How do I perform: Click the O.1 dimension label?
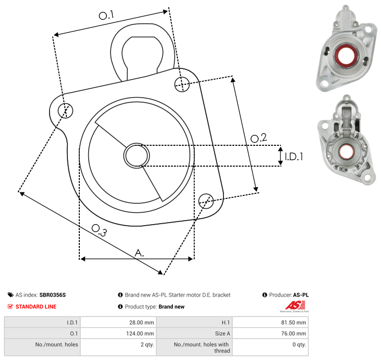click(x=106, y=15)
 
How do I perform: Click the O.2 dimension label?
click(x=259, y=138)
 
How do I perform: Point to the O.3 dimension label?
click(x=99, y=230)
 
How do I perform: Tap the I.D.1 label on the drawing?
click(x=294, y=157)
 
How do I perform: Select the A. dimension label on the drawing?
click(x=139, y=253)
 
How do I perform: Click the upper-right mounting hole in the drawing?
click(x=182, y=84)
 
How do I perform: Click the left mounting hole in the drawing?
click(x=65, y=111)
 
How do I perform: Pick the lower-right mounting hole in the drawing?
click(x=206, y=201)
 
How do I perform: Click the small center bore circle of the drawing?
click(x=137, y=156)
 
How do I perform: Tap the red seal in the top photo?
click(x=345, y=57)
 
